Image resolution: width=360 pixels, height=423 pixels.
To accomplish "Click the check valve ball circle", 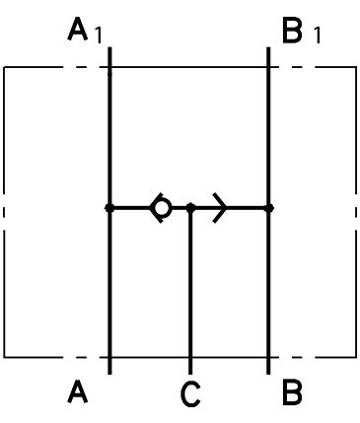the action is [163, 208].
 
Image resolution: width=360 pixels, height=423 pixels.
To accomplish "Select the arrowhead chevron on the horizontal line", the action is [220, 208].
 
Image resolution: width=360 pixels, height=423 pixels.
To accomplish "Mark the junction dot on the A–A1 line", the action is [109, 208].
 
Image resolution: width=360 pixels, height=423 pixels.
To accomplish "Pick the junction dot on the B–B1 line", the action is [269, 208].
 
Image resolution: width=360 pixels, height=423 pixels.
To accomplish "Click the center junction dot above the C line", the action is [190, 208].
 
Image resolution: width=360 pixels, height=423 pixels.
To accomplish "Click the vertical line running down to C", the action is [190, 296].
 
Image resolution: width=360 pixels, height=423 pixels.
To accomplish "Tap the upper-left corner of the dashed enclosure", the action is [5, 67].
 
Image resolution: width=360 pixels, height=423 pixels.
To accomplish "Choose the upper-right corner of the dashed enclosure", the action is [356, 67].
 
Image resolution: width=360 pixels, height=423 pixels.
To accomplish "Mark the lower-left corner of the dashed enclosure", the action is [5, 356].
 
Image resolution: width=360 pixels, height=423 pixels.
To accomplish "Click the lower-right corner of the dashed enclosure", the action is [356, 356].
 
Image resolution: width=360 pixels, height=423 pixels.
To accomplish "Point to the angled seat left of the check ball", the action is [154, 208].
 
